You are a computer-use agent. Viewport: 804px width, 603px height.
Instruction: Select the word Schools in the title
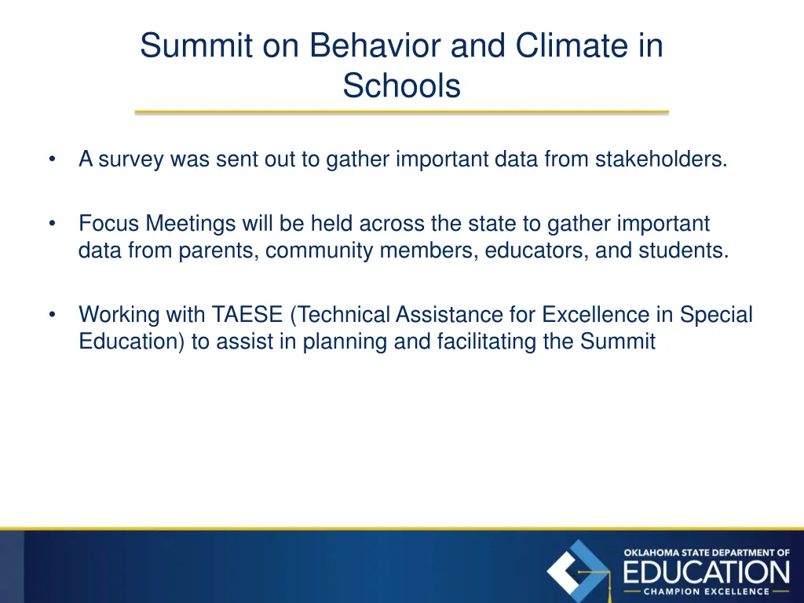pyautogui.click(x=401, y=86)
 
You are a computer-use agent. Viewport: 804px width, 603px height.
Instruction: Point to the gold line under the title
pyautogui.click(x=401, y=112)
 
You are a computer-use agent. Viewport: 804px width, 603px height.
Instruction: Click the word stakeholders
pyautogui.click(x=660, y=159)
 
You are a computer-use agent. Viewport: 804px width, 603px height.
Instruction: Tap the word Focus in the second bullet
pyautogui.click(x=107, y=224)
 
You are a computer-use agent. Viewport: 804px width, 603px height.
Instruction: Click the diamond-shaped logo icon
pyautogui.click(x=579, y=571)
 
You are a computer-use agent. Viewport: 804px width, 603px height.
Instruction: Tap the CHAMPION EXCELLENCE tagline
pyautogui.click(x=707, y=591)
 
